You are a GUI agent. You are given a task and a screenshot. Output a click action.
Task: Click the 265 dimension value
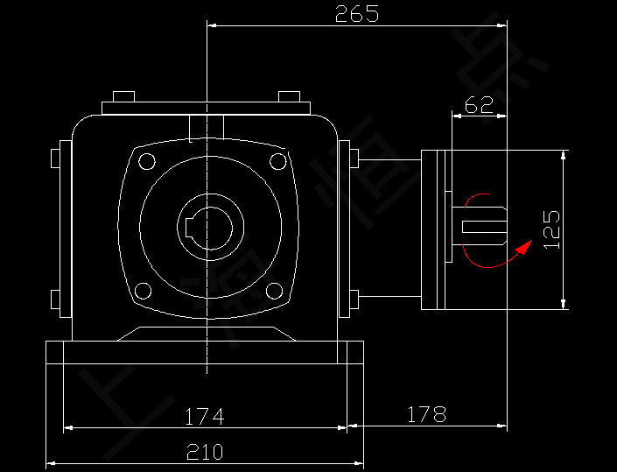pos(357,14)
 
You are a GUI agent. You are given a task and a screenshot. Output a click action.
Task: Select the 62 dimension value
pos(479,105)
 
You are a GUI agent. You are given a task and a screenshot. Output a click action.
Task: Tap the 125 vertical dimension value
pos(551,229)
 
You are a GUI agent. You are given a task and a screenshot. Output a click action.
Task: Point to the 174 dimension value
pos(204,417)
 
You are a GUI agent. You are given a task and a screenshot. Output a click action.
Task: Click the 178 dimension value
pos(426,413)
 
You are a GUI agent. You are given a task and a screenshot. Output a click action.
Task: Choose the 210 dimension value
pos(204,452)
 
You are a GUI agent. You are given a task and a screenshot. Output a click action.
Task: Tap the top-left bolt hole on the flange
pos(146,160)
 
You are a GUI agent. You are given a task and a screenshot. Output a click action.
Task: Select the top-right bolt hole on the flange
pos(277,160)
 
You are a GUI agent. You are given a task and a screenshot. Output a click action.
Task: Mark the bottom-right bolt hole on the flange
pos(274,291)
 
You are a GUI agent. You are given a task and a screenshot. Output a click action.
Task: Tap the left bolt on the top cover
pos(123,96)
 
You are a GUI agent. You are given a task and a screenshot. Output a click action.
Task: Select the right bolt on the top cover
pos(289,96)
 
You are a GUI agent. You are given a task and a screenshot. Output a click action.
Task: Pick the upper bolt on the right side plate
pos(354,159)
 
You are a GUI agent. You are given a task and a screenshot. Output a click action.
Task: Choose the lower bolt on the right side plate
pos(354,300)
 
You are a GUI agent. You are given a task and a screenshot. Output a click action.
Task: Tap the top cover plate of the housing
pos(206,109)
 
